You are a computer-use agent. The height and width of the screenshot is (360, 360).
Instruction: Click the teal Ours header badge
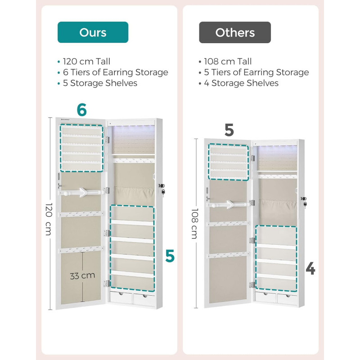click(93, 32)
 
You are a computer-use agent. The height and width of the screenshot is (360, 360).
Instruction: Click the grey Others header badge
click(235, 32)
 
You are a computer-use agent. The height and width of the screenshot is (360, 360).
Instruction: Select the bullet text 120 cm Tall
click(86, 61)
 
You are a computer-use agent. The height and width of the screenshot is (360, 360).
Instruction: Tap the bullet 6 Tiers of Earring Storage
click(116, 72)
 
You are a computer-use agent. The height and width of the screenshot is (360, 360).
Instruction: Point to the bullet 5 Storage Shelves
click(100, 83)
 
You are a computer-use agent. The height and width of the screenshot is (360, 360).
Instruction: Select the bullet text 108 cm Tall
click(228, 61)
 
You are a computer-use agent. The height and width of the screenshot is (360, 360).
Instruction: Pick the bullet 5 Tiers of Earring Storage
click(256, 72)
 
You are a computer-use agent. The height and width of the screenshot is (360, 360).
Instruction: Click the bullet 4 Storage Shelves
click(241, 83)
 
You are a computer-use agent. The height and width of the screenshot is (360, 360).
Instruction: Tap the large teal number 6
click(82, 110)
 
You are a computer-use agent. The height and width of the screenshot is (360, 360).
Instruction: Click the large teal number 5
click(170, 256)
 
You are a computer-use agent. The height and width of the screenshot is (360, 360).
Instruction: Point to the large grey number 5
click(229, 130)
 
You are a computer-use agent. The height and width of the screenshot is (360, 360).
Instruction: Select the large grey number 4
click(310, 269)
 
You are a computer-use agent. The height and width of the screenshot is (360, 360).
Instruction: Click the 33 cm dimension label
click(82, 275)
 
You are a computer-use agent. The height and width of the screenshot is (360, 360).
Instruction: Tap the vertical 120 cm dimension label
click(49, 219)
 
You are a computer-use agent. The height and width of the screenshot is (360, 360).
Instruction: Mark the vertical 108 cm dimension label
click(195, 223)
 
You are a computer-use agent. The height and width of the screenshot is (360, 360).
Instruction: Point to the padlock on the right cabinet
click(305, 204)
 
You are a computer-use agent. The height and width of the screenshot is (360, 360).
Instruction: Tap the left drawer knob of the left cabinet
click(121, 294)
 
